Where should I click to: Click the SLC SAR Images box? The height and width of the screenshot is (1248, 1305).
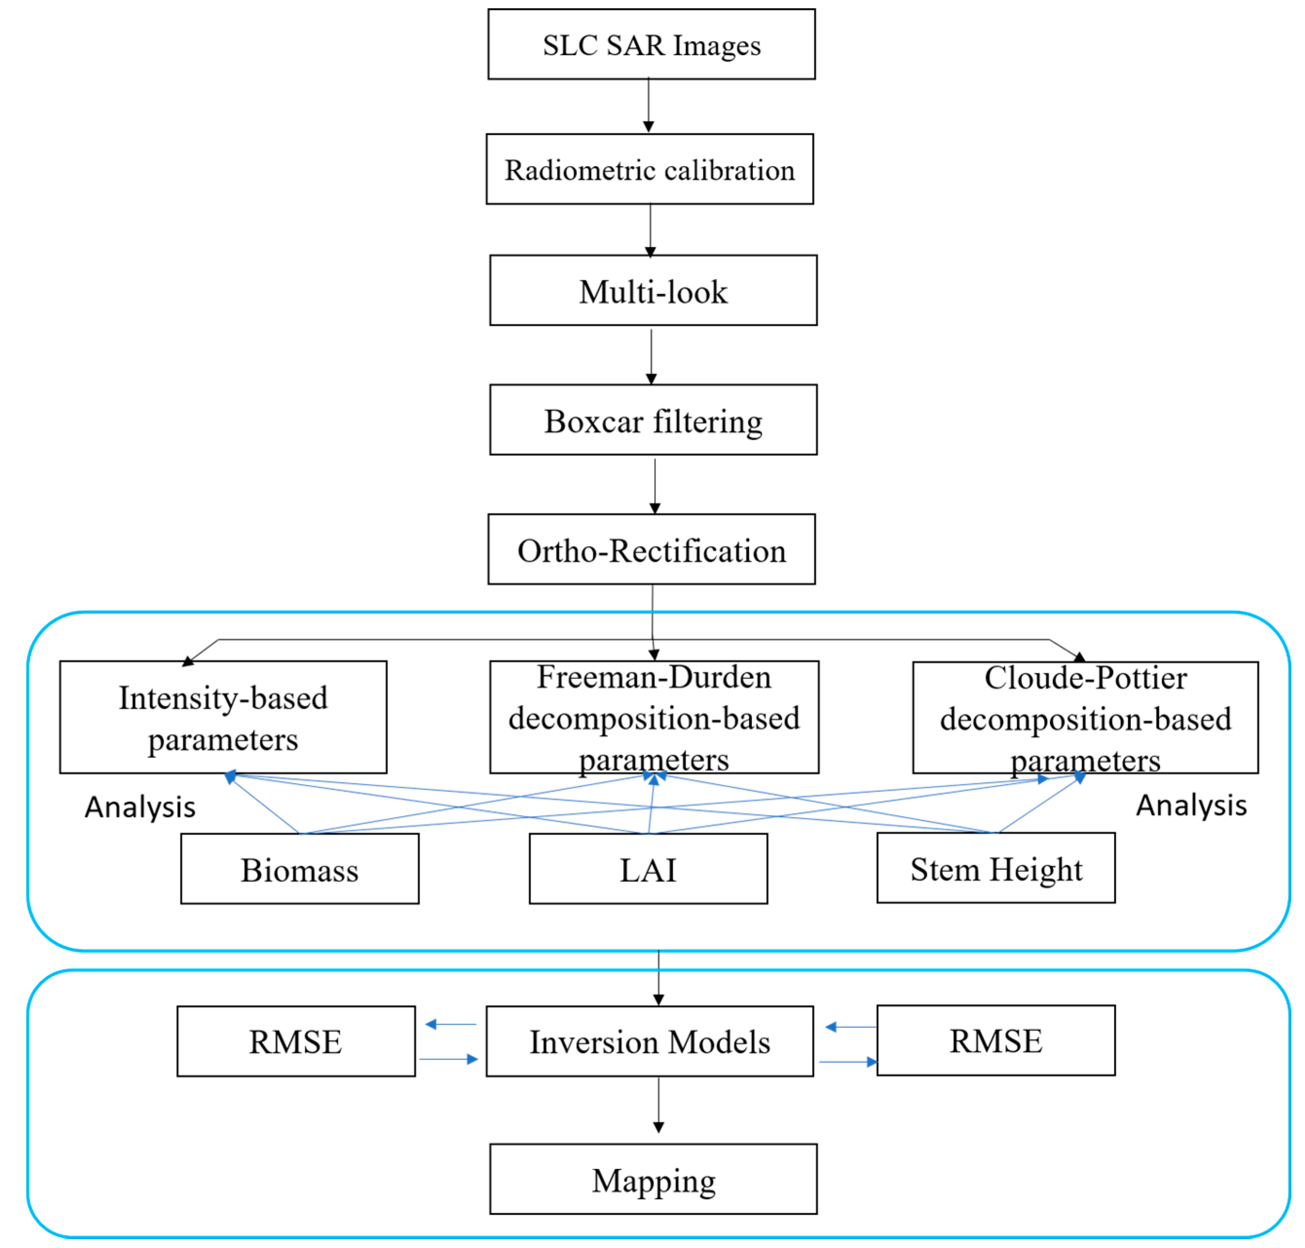pos(651,45)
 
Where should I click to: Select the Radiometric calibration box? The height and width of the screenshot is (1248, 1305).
pos(649,169)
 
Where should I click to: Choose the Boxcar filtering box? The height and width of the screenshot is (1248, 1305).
pos(653,420)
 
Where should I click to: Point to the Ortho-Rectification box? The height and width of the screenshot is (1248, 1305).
pos(651,549)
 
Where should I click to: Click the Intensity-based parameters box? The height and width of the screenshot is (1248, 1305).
pos(223,717)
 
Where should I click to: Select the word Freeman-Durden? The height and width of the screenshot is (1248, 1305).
pos(654,677)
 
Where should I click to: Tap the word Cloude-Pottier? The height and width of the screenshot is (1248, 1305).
pos(1085,678)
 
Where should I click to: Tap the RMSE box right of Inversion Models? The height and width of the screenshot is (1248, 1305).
pos(995,1040)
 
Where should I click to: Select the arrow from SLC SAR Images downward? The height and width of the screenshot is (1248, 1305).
pos(648,105)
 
